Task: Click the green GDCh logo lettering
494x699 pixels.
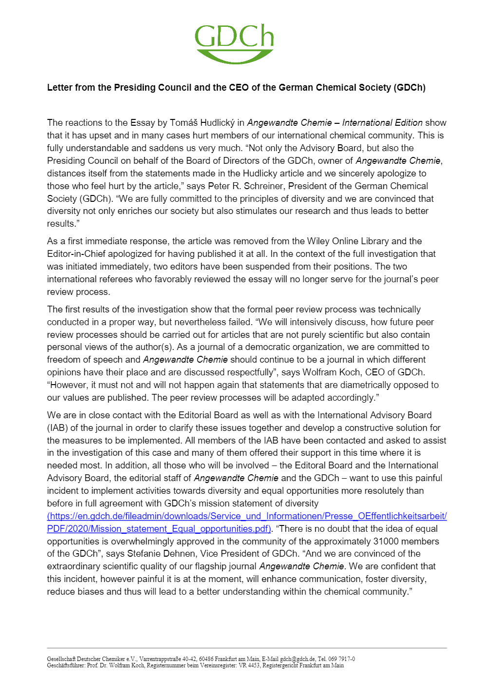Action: [234, 37]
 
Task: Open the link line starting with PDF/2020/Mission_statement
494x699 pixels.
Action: [159, 529]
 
